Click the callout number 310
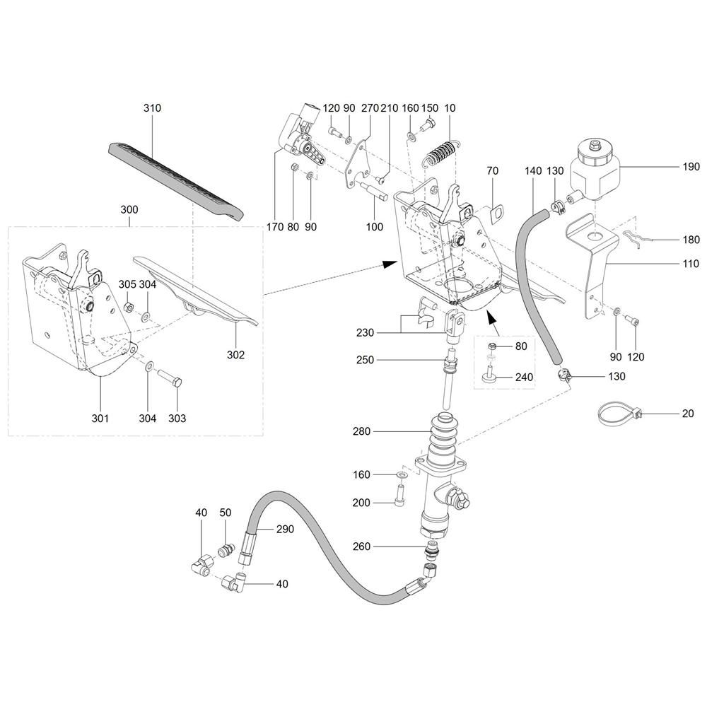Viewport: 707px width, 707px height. [152, 108]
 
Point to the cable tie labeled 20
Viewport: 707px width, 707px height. [619, 414]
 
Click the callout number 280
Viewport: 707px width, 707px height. [361, 431]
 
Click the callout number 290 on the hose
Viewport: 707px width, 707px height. [285, 529]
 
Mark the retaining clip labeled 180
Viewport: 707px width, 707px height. [637, 238]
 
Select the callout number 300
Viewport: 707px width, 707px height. [129, 210]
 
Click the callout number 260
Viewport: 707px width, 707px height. [361, 547]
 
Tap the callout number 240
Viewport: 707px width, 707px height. [524, 377]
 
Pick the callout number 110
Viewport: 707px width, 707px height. [690, 263]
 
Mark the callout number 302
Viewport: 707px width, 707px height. [235, 355]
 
